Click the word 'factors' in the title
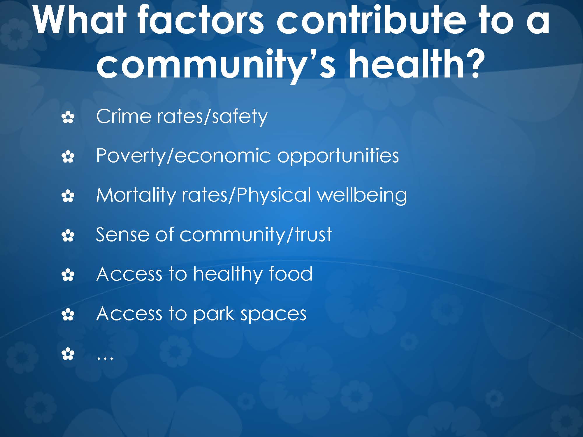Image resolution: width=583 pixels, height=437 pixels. (x=201, y=20)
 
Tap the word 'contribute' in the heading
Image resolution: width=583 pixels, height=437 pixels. (x=371, y=20)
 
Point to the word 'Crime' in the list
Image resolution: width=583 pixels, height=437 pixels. (x=124, y=116)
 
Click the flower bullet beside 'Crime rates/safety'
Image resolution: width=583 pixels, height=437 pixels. (x=68, y=118)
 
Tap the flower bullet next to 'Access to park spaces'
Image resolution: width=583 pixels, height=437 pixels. (x=68, y=315)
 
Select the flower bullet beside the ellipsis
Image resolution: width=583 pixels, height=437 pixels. (x=68, y=354)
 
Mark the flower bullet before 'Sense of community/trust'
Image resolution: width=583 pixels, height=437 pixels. (x=68, y=236)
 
